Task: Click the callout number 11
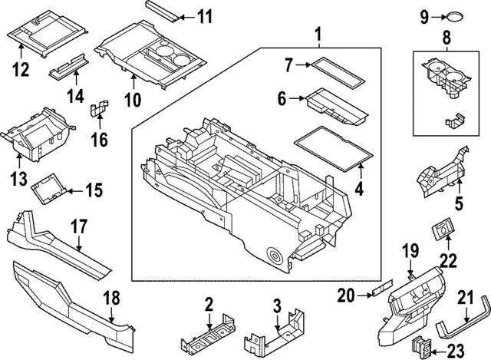pyautogui.click(x=206, y=17)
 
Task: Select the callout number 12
pyautogui.click(x=21, y=70)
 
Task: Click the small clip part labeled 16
pyautogui.click(x=97, y=110)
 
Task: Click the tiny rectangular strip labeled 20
pyautogui.click(x=381, y=292)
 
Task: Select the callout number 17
pyautogui.click(x=79, y=228)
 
